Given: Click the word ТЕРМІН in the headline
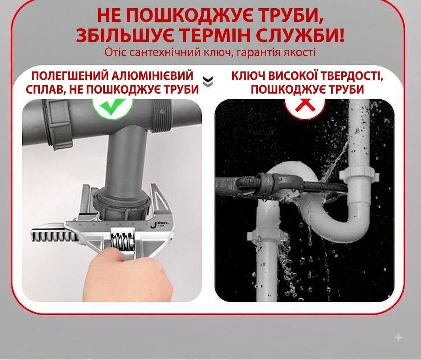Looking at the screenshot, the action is click(217, 35).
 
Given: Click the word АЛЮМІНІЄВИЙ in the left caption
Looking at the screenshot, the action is click(153, 76).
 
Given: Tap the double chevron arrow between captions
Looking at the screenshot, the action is click(208, 82).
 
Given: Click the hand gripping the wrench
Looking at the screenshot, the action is click(129, 274).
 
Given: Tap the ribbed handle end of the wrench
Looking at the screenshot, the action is click(54, 235).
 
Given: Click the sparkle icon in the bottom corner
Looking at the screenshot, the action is click(398, 337).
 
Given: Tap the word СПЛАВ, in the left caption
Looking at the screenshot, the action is click(44, 90).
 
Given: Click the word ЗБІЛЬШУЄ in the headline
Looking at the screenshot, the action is click(125, 35).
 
